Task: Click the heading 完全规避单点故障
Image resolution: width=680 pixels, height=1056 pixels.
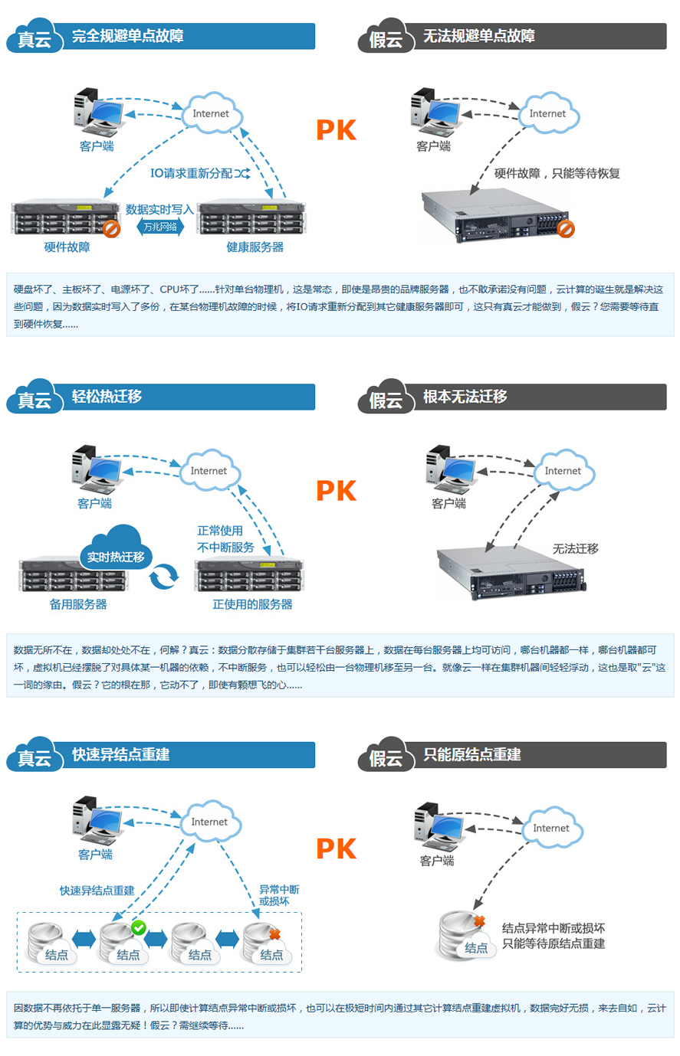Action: [x=127, y=36]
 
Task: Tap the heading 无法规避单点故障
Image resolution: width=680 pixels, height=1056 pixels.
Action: [x=479, y=36]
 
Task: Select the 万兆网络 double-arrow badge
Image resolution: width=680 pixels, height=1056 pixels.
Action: [x=160, y=227]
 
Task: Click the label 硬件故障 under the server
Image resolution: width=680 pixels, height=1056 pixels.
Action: [x=67, y=247]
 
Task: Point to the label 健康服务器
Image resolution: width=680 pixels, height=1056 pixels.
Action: [x=255, y=247]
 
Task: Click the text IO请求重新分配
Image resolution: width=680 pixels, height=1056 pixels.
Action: [x=192, y=174]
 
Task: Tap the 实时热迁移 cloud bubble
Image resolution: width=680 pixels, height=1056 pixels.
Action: [x=116, y=556]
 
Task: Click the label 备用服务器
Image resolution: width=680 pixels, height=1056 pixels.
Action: [x=78, y=604]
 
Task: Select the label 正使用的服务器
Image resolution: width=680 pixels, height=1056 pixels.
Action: [x=252, y=604]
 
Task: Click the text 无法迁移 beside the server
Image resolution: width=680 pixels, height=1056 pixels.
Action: [x=575, y=548]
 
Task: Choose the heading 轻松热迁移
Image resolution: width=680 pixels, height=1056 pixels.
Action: [x=107, y=397]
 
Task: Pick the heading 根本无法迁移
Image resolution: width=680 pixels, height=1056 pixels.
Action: [x=465, y=397]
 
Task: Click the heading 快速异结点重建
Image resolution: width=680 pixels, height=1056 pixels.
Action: [x=120, y=755]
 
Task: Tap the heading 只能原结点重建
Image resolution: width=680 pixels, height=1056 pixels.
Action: [x=472, y=755]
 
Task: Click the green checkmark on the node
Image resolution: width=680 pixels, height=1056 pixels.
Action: [x=138, y=927]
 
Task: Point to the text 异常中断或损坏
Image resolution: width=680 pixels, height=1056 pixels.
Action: [x=279, y=895]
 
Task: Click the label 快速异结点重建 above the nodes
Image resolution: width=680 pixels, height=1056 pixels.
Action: [x=97, y=891]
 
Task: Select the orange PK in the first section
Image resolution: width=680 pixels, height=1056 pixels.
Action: [x=337, y=130]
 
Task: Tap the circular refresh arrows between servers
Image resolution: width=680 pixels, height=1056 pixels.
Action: [x=163, y=576]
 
